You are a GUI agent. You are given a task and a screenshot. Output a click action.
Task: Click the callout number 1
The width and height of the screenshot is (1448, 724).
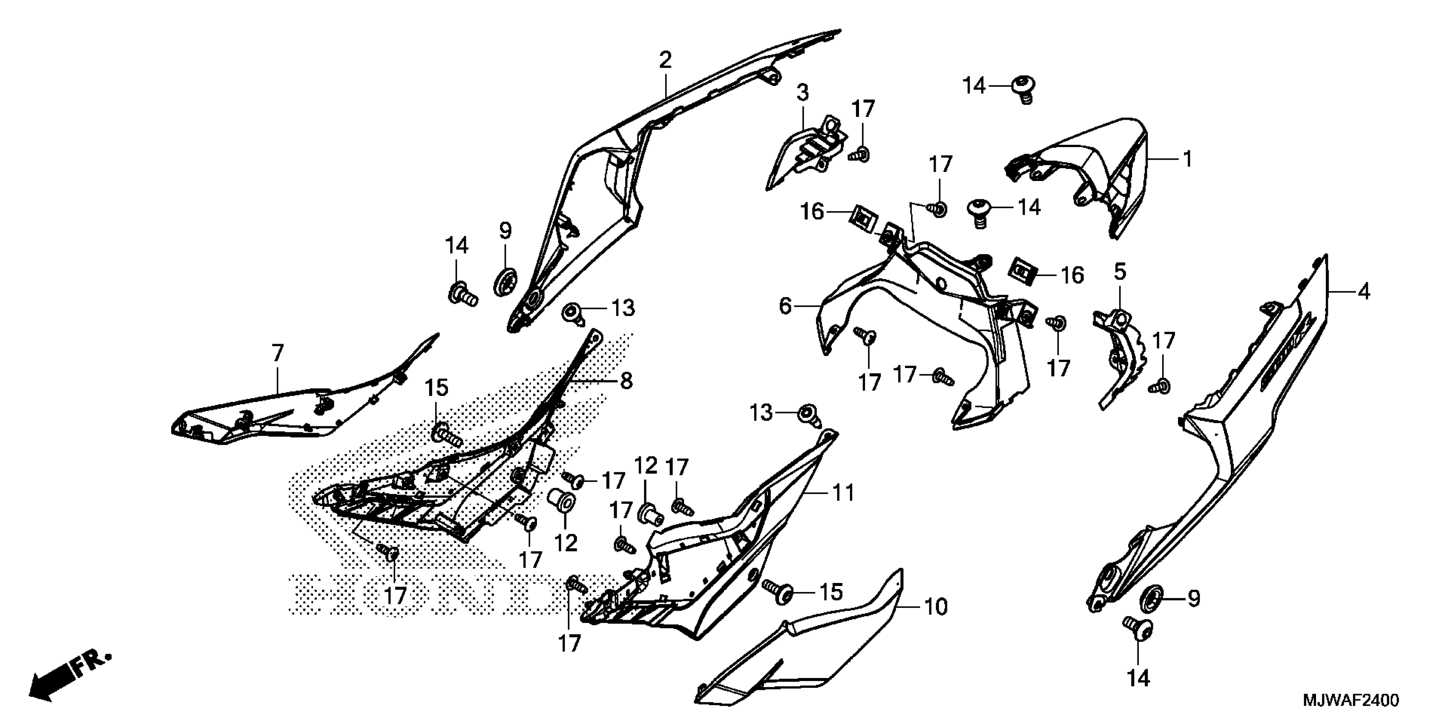pyautogui.click(x=1187, y=160)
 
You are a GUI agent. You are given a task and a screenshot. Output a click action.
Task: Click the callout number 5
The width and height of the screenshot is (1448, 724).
pyautogui.click(x=1120, y=272)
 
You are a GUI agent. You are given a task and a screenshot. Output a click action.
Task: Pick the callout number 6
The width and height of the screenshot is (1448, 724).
pyautogui.click(x=785, y=306)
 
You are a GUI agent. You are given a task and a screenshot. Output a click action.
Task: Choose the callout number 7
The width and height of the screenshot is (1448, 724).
pyautogui.click(x=278, y=353)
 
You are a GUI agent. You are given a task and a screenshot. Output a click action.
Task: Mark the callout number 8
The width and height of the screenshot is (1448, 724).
pyautogui.click(x=626, y=381)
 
